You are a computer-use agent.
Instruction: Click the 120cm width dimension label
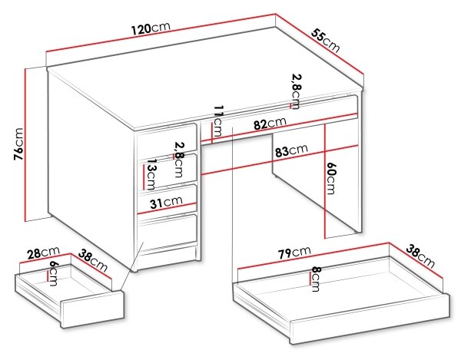(151, 28)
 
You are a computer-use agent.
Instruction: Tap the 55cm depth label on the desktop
(326, 41)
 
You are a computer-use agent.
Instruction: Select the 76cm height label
(18, 144)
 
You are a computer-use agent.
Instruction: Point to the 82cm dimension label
(270, 124)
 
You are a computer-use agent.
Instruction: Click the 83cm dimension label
(291, 150)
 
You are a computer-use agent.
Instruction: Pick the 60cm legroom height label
(330, 178)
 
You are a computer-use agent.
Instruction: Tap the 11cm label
(217, 121)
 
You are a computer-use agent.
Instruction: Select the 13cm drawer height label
(151, 174)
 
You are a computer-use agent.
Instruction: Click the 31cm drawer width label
(166, 202)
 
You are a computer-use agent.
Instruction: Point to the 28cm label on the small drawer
(44, 253)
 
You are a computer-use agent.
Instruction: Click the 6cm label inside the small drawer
(54, 273)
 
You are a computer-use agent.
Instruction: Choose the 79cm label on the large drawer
(294, 253)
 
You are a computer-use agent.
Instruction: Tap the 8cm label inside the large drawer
(316, 279)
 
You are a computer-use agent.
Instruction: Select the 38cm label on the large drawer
(420, 256)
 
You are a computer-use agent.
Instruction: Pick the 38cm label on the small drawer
(93, 260)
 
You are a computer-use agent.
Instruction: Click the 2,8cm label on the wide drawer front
(297, 91)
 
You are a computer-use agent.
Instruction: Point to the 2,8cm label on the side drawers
(178, 160)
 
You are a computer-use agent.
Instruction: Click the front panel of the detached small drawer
(92, 309)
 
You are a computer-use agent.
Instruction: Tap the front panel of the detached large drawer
(370, 319)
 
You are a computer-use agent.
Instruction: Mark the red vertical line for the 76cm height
(26, 145)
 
